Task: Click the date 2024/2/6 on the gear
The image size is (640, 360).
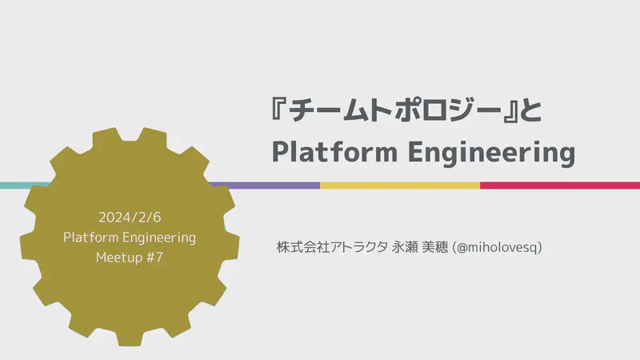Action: [x=130, y=218]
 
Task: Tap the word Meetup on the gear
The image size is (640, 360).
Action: [x=120, y=258]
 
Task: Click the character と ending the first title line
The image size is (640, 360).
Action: [x=529, y=111]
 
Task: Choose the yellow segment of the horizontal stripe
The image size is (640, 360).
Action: [x=400, y=185]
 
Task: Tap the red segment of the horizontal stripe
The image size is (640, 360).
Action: [x=560, y=185]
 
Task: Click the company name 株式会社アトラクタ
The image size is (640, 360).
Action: [x=329, y=247]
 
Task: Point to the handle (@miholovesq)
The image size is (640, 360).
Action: [x=497, y=247]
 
